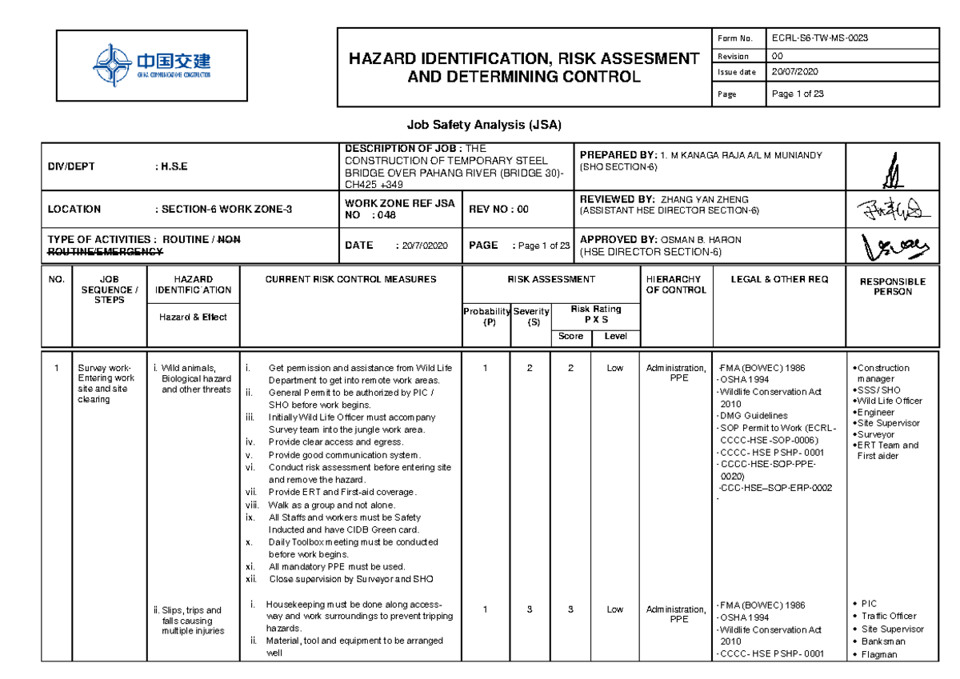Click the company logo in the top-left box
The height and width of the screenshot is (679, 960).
(151, 66)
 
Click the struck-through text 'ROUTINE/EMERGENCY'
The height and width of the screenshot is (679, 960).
(106, 251)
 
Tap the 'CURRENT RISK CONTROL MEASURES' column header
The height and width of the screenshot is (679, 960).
(351, 279)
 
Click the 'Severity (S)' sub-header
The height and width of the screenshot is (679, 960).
(532, 316)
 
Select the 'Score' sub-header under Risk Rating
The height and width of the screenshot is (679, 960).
(570, 336)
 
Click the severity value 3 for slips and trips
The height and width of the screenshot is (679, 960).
(530, 609)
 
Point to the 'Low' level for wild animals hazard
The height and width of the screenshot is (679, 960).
(614, 368)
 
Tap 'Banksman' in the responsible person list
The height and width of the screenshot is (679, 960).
(885, 641)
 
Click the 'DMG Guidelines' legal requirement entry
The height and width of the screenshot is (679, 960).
(754, 415)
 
